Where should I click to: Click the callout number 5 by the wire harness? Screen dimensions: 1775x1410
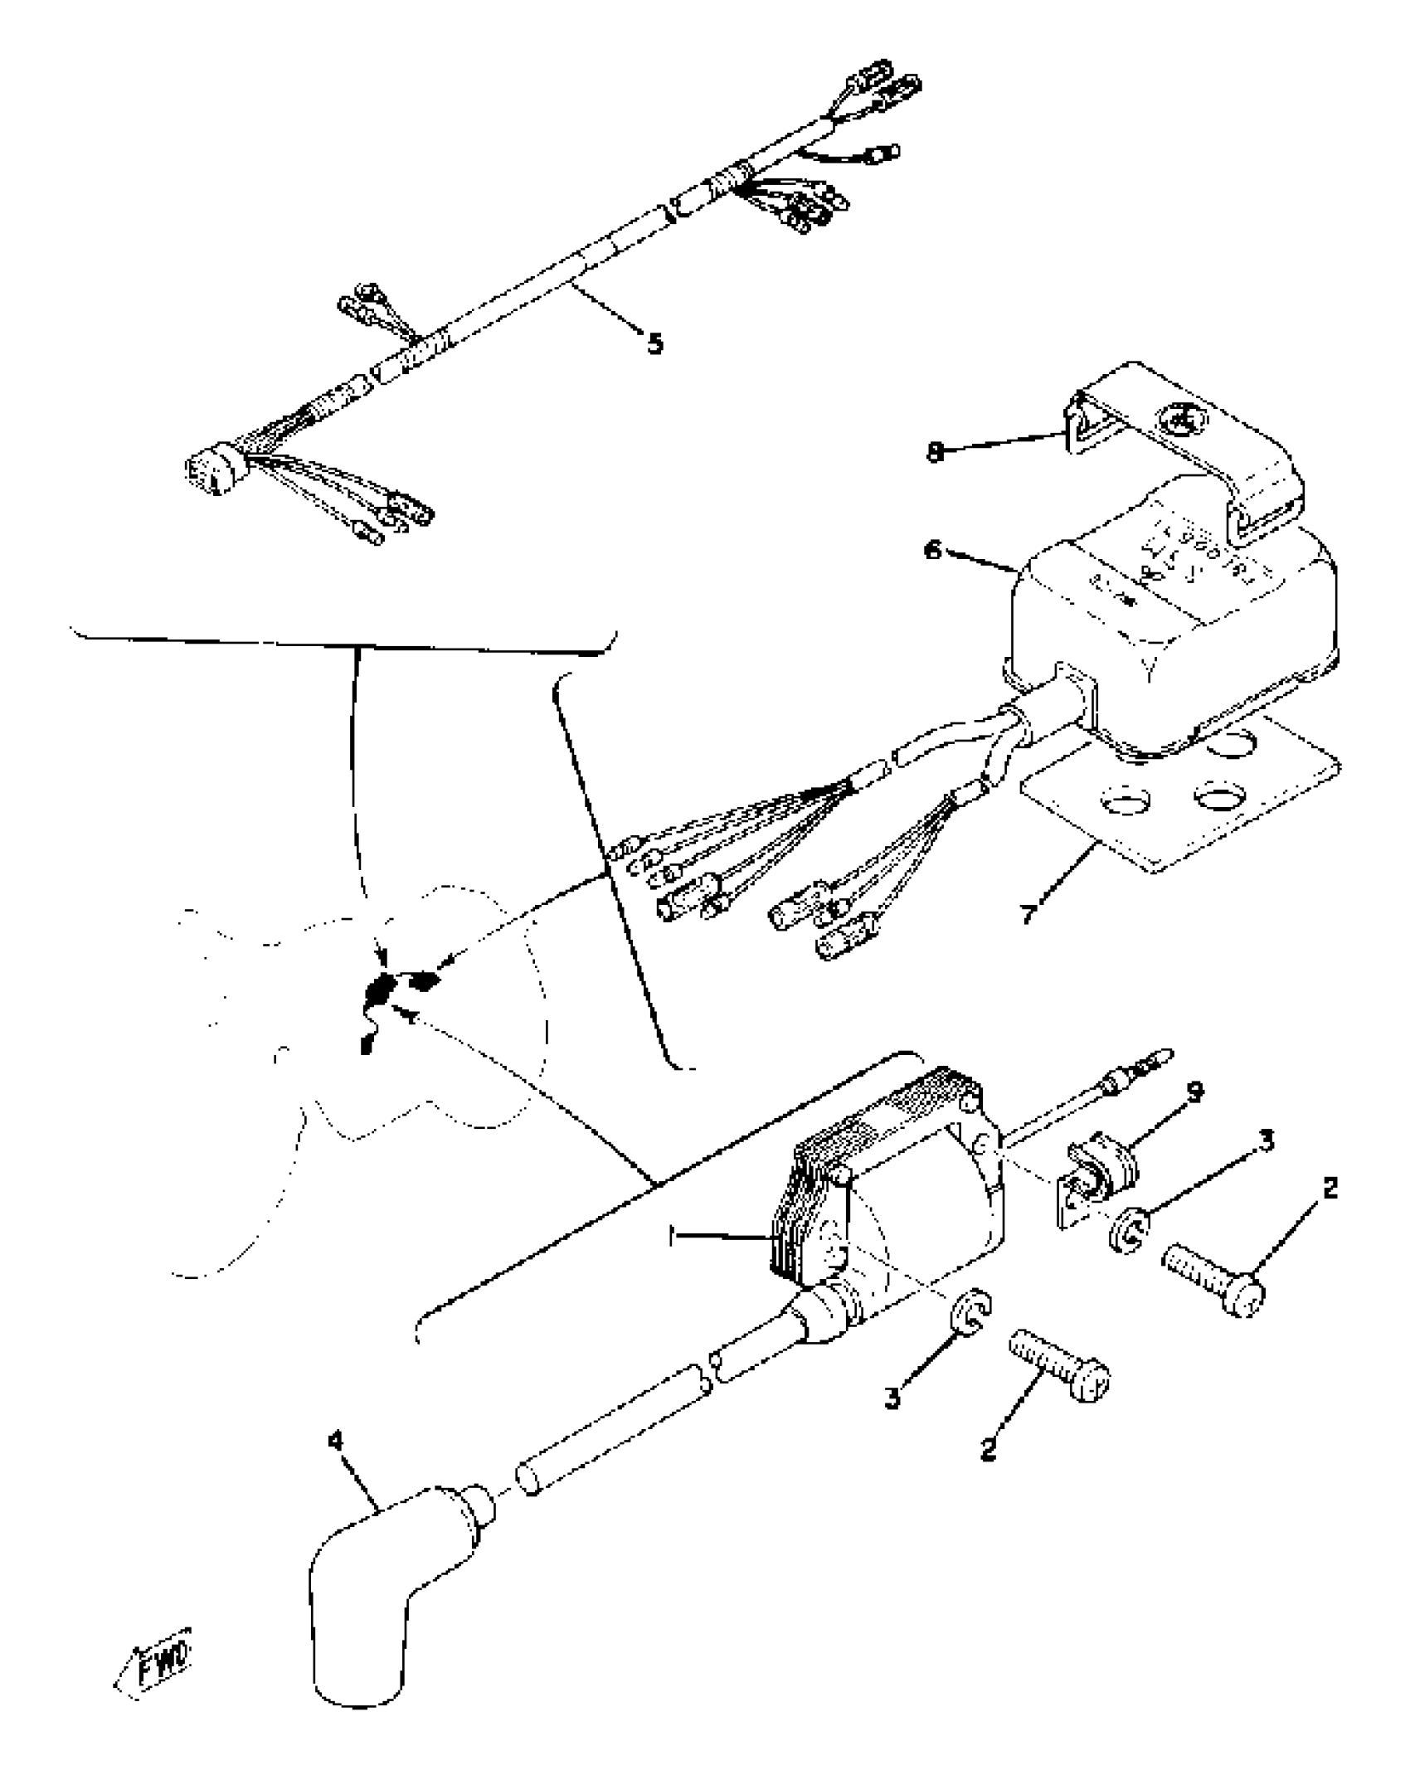coord(654,343)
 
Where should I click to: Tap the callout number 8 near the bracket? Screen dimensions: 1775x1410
coord(935,453)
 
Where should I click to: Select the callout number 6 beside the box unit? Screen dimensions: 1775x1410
coord(934,551)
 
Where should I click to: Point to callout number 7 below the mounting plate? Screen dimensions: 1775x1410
coord(1028,914)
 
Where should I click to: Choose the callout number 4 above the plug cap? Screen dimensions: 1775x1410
coord(335,1442)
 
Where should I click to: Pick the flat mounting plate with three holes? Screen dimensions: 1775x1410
coord(1178,805)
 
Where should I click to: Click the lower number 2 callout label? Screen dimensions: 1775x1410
coord(987,1450)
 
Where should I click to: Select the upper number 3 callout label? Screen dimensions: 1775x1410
coord(1266,1140)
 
